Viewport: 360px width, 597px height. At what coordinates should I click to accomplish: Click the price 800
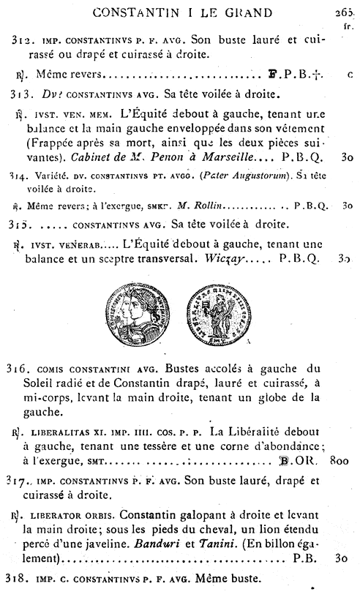[341, 462]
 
